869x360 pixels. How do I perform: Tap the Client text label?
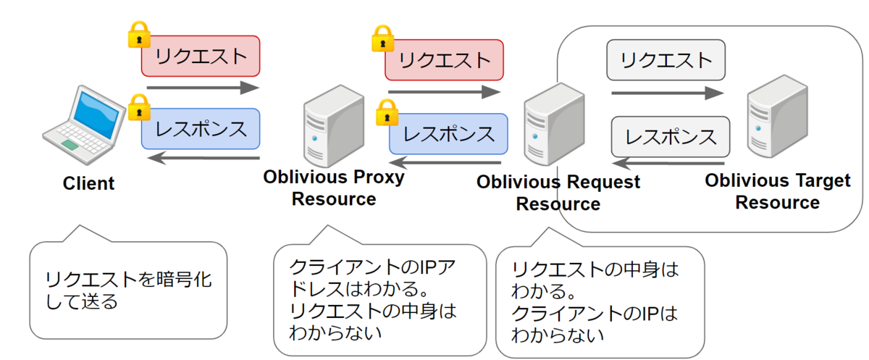88,183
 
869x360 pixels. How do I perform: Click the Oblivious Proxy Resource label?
334,188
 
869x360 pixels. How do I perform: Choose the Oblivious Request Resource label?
558,192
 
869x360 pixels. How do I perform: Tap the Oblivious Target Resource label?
778,191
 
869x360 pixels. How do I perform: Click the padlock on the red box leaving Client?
138,34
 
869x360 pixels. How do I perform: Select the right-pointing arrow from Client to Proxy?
202,88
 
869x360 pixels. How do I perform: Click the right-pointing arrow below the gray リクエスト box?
667,93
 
